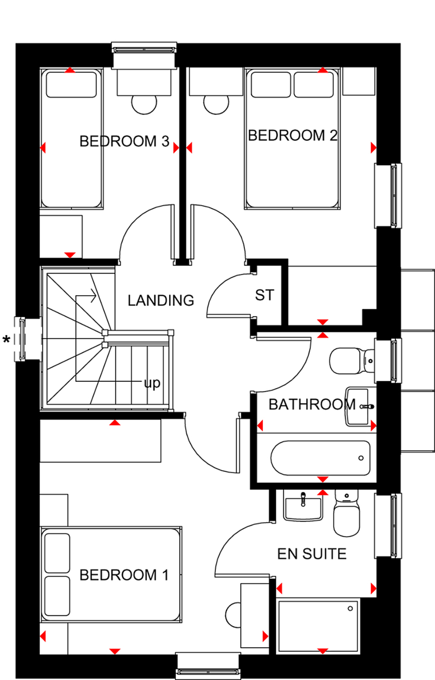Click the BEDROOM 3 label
click(124, 141)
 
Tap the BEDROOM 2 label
click(293, 136)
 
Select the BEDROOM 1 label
click(124, 575)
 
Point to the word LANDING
click(161, 301)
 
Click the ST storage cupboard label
click(264, 295)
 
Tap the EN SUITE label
click(312, 554)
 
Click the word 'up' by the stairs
click(152, 384)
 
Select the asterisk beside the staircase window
click(6, 340)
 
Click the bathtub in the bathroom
click(321, 458)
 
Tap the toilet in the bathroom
click(352, 361)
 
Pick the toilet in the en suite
click(347, 512)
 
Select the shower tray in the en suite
click(318, 626)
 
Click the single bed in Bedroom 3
click(71, 138)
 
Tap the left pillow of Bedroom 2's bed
click(271, 84)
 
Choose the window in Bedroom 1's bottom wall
click(208, 665)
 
